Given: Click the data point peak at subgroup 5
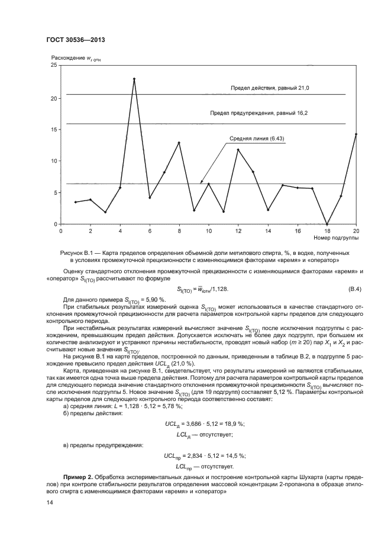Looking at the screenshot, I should (134, 79).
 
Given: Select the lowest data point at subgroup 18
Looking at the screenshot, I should (327, 224).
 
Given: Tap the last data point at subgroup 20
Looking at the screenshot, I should (356, 134).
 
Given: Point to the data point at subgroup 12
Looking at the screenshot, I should (238, 150).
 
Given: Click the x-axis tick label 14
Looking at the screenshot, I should (268, 230).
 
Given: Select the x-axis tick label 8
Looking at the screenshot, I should (179, 230).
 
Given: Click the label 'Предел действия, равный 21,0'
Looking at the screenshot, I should (270, 88).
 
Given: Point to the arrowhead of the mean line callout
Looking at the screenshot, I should (201, 183).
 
